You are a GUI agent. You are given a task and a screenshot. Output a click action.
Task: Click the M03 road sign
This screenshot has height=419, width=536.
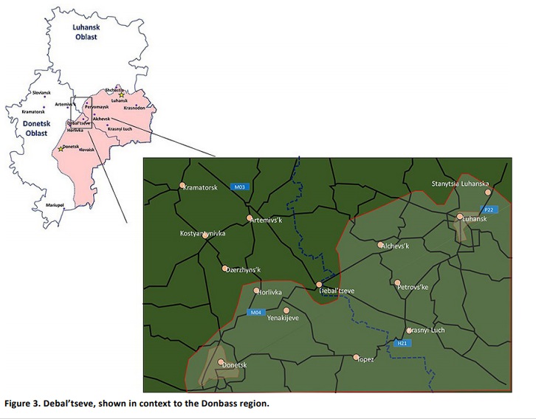point(238,187)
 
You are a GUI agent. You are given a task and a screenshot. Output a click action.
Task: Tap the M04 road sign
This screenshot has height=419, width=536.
point(255,312)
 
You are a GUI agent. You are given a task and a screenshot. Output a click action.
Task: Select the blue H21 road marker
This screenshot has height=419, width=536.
point(402,343)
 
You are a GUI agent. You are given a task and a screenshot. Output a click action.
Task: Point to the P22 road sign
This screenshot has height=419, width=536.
point(489,210)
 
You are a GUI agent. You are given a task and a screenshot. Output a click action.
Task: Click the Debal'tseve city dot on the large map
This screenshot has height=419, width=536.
point(319,284)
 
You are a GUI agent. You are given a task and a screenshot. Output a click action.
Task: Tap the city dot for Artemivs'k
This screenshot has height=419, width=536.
point(250,218)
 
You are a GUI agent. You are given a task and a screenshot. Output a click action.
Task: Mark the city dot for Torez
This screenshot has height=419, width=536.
point(356,357)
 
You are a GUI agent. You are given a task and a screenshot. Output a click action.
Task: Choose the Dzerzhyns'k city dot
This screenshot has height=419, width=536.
point(224,268)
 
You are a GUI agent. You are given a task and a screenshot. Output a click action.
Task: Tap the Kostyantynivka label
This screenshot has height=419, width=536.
point(202,234)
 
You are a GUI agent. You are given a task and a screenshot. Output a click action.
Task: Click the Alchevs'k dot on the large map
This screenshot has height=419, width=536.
point(380,244)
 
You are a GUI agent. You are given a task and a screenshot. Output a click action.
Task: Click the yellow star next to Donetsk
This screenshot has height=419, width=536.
point(61,149)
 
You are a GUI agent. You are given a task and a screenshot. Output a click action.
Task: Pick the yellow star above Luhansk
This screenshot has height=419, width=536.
point(121,95)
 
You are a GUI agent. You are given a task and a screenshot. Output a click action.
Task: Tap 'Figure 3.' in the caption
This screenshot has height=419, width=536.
point(23,404)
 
